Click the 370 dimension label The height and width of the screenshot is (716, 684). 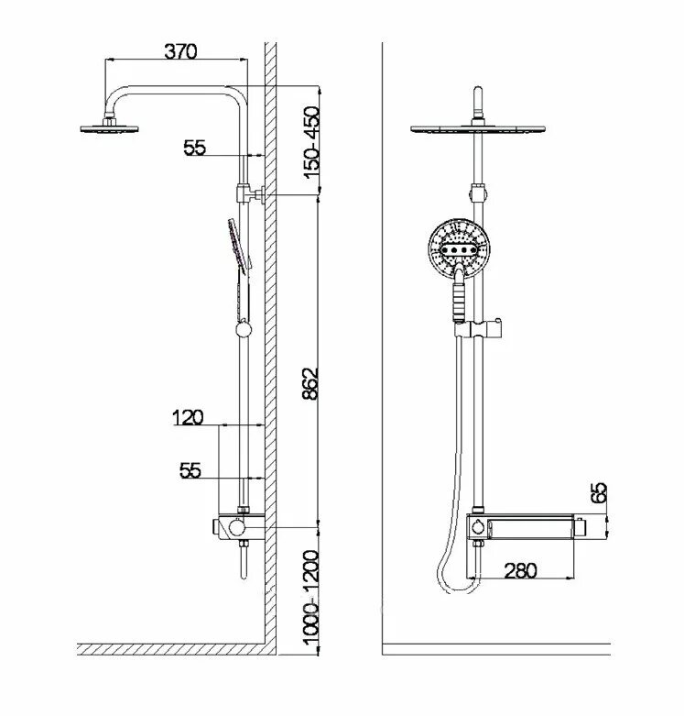pyautogui.click(x=181, y=51)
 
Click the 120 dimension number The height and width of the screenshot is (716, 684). pyautogui.click(x=187, y=417)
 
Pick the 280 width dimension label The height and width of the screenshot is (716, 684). pyautogui.click(x=520, y=569)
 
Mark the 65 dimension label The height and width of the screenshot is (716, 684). pyautogui.click(x=600, y=492)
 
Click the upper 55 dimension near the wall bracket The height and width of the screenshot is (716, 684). pyautogui.click(x=195, y=148)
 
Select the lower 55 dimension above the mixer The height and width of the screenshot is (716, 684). pyautogui.click(x=190, y=470)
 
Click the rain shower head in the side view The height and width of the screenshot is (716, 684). pyautogui.click(x=108, y=127)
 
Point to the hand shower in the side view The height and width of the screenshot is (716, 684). pyautogui.click(x=237, y=248)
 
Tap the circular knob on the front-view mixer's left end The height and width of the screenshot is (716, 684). pyautogui.click(x=478, y=525)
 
